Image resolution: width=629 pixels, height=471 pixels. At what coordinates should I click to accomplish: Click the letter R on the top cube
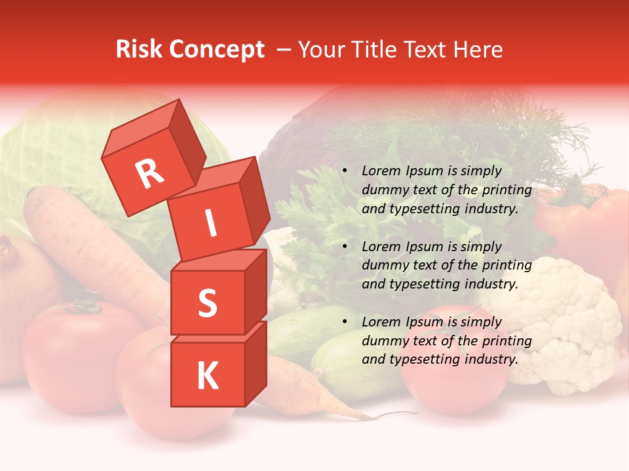click(x=150, y=175)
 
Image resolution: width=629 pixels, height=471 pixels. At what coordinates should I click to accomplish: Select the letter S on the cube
click(x=207, y=304)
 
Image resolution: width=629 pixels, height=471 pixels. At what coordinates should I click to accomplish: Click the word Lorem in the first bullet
click(x=379, y=171)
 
